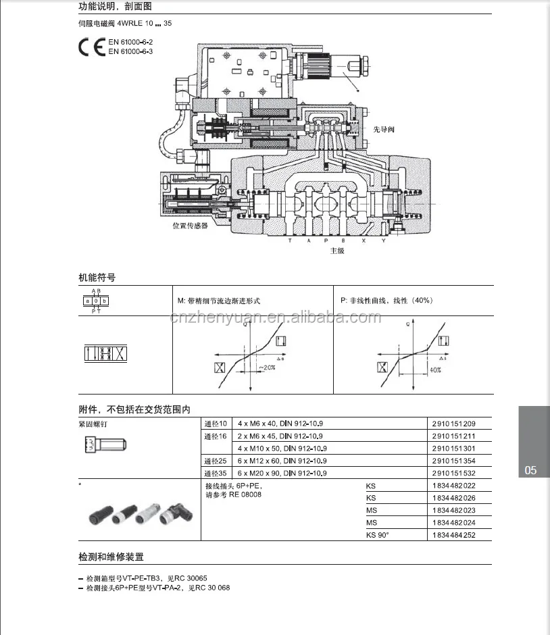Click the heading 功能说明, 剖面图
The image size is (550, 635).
[x=115, y=6]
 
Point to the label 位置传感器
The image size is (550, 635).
[x=190, y=226]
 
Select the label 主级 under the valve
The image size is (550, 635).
[x=337, y=251]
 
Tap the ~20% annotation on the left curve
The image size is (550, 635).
[x=266, y=367]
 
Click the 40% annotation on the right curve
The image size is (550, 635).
[x=435, y=370]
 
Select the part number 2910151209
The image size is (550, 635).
[x=453, y=424]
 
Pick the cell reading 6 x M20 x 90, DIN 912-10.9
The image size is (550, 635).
[x=282, y=472]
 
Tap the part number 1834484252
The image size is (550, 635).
[x=453, y=535]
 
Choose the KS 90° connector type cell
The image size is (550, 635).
[x=378, y=535]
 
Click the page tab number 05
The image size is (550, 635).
[x=530, y=470]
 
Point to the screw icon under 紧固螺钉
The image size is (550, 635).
[x=104, y=444]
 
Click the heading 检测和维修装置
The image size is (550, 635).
[x=111, y=557]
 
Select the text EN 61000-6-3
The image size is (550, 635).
[x=130, y=51]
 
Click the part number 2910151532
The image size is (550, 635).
[x=453, y=472]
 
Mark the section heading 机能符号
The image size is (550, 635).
[x=97, y=277]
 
